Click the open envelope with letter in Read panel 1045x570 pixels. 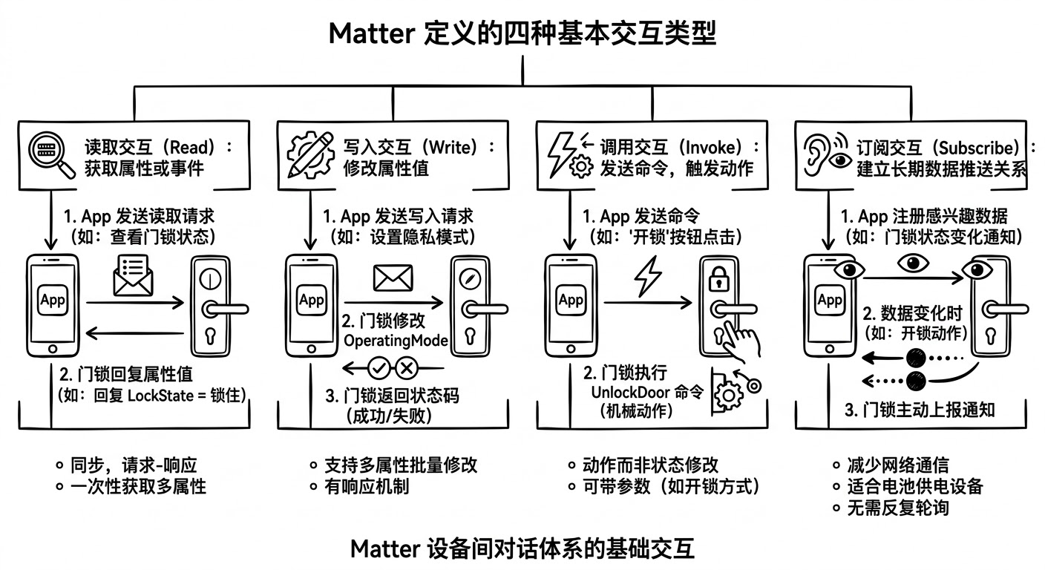(133, 275)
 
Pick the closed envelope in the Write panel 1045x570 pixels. (393, 277)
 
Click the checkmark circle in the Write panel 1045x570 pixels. (380, 367)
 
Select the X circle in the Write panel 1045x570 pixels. (406, 367)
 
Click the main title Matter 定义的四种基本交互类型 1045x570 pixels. (522, 33)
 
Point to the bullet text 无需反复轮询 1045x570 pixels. (898, 508)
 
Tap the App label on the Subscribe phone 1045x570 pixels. (829, 301)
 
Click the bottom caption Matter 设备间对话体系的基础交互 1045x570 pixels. (522, 549)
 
